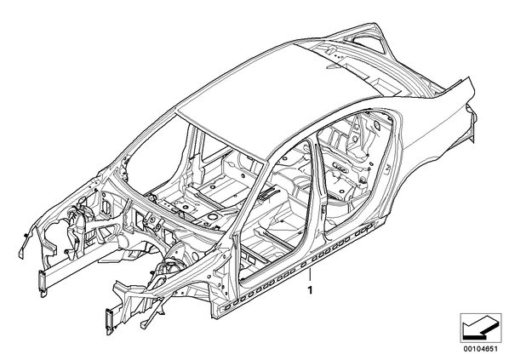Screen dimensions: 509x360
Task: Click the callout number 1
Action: [x=311, y=290]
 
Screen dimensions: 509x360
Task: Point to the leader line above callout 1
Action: [x=311, y=276]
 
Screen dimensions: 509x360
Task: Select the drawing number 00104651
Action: [x=480, y=349]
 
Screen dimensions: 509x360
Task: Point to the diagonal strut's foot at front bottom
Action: [x=144, y=324]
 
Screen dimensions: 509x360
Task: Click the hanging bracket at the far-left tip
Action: [x=21, y=249]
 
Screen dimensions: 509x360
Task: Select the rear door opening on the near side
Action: [x=357, y=169]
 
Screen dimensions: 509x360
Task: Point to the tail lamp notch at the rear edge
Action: [x=471, y=117]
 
